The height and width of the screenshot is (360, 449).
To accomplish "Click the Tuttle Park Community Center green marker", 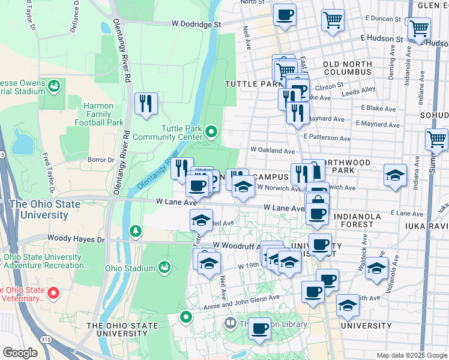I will point(211,131).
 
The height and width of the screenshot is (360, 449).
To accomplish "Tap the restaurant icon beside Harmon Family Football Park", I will point(146,104).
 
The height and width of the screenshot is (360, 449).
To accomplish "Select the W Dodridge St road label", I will point(196,25).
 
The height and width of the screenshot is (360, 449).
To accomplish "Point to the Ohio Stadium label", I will point(130,268).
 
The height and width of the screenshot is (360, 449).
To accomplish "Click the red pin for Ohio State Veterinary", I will point(53,293).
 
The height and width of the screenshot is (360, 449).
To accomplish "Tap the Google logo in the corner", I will point(20,353).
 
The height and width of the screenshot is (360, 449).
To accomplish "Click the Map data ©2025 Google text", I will point(412,355).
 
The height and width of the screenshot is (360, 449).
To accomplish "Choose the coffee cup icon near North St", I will point(285,14).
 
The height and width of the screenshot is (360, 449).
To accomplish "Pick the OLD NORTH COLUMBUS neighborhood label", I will point(348,68).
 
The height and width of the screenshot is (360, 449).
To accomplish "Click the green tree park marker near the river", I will point(136,230).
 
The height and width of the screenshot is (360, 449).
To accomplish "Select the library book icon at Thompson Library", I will point(230,324).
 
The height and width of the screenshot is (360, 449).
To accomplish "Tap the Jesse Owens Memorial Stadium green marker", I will point(54,86).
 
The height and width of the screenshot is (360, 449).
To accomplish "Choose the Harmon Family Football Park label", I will point(94,114).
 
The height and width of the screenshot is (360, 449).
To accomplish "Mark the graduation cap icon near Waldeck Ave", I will point(376,268).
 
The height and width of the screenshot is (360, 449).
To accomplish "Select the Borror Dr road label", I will point(101,160).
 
